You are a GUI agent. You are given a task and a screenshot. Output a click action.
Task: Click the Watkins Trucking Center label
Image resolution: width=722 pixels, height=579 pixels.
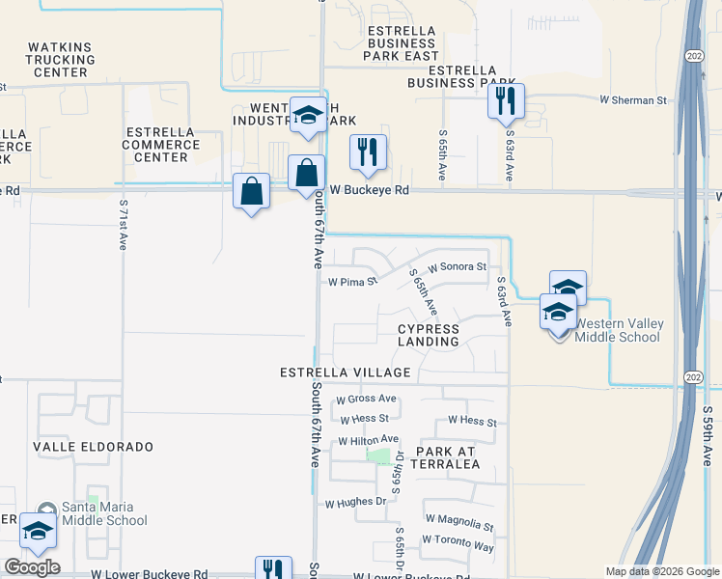pyautogui.click(x=62, y=59)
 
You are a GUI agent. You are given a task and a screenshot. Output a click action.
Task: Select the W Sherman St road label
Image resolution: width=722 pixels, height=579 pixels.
pyautogui.click(x=633, y=99)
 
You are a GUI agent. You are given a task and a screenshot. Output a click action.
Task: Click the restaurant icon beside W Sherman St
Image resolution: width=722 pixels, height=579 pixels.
pyautogui.click(x=506, y=100)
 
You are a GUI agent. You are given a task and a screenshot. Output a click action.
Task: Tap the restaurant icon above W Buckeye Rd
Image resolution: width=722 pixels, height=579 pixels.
pyautogui.click(x=368, y=152)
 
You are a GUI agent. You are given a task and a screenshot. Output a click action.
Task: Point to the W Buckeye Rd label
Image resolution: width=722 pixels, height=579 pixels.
pyautogui.click(x=370, y=190)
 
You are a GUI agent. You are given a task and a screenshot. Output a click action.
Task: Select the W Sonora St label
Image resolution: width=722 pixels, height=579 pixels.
pyautogui.click(x=458, y=265)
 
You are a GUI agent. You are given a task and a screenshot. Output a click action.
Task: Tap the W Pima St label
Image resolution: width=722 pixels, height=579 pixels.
pyautogui.click(x=350, y=283)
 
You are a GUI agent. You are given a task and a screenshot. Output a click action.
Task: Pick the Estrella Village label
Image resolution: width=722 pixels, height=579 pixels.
pyautogui.click(x=346, y=372)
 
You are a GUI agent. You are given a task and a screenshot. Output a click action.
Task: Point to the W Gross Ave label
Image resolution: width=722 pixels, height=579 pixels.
pyautogui.click(x=366, y=399)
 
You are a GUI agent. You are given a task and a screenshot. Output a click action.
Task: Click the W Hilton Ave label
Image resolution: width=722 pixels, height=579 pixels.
pyautogui.click(x=368, y=440)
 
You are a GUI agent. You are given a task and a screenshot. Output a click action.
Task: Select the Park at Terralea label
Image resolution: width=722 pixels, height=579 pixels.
pyautogui.click(x=448, y=457)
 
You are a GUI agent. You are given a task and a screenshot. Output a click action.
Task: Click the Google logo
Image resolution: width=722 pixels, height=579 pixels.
pyautogui.click(x=32, y=567)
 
